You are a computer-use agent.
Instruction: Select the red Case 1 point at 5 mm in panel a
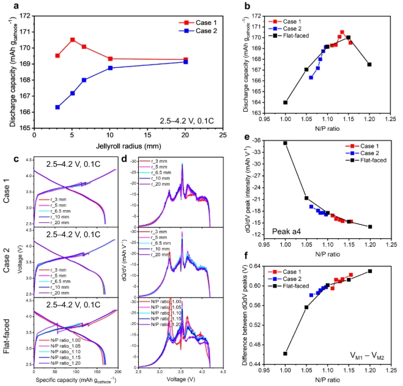click(x=73, y=40)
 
